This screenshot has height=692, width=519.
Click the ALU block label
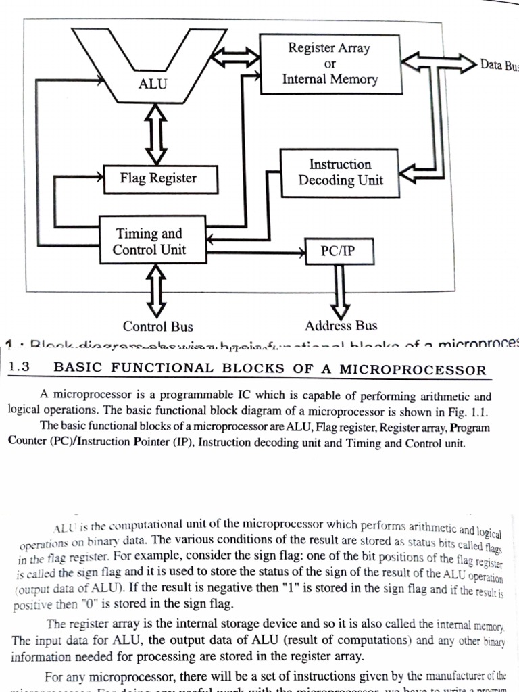click(x=152, y=84)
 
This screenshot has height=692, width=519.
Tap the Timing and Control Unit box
click(x=150, y=242)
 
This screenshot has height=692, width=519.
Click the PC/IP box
click(x=338, y=252)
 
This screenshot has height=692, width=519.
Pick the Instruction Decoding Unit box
click(x=340, y=172)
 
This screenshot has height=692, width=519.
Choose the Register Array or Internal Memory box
click(x=330, y=64)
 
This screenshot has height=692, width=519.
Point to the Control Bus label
click(x=157, y=327)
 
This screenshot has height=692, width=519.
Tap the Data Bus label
click(x=498, y=66)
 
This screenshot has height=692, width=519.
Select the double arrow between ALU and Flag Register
click(x=156, y=137)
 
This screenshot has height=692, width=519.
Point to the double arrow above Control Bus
click(x=156, y=290)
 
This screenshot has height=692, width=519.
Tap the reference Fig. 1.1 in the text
click(x=470, y=412)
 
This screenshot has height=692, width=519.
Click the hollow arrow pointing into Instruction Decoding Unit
click(x=414, y=174)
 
